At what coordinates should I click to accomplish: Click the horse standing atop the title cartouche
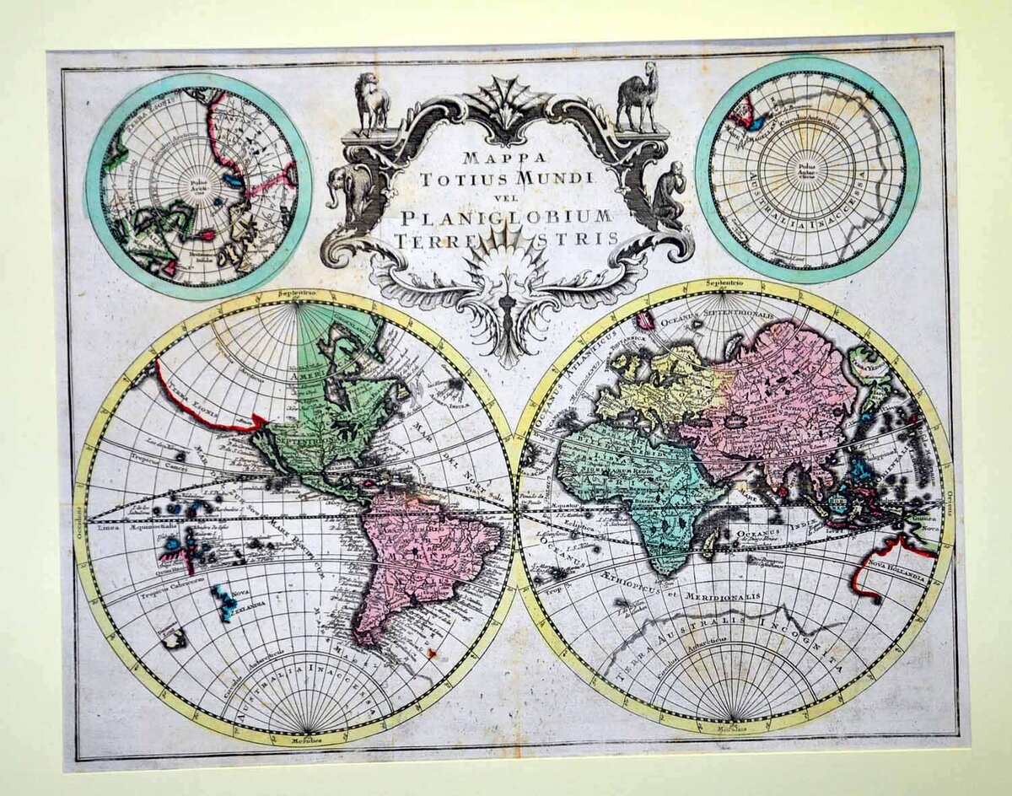[372, 102]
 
